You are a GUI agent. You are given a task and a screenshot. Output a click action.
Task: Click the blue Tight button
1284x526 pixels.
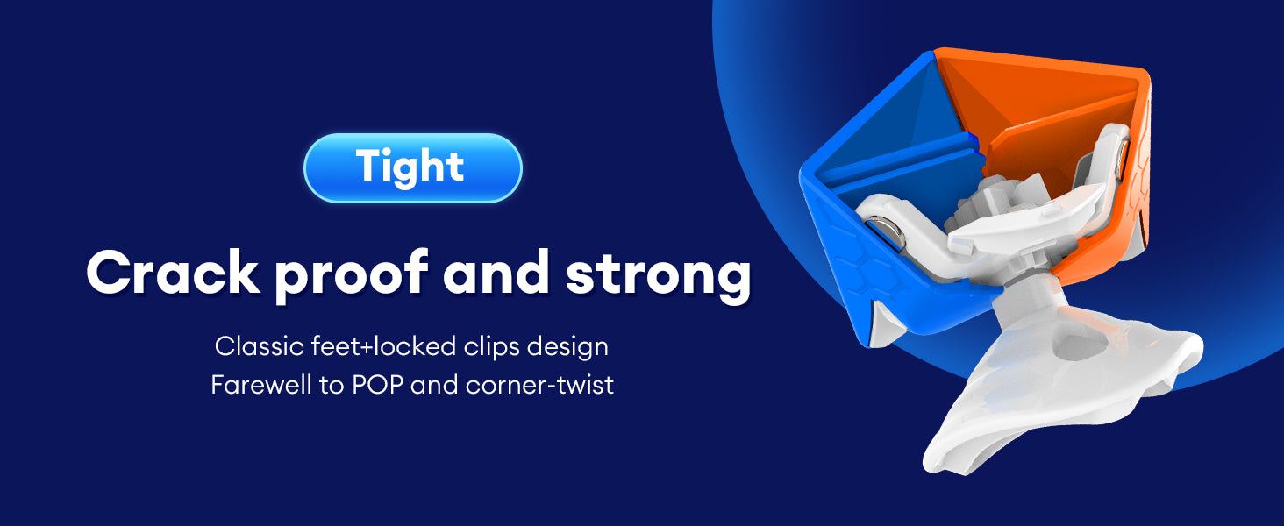[413, 168]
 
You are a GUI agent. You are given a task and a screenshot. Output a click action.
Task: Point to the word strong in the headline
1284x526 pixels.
[658, 277]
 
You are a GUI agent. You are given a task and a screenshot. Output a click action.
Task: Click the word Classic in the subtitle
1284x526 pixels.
[260, 346]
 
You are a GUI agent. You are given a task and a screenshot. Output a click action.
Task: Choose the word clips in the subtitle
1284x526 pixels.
[492, 347]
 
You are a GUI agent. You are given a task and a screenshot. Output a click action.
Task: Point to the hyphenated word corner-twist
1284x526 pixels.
[539, 385]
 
